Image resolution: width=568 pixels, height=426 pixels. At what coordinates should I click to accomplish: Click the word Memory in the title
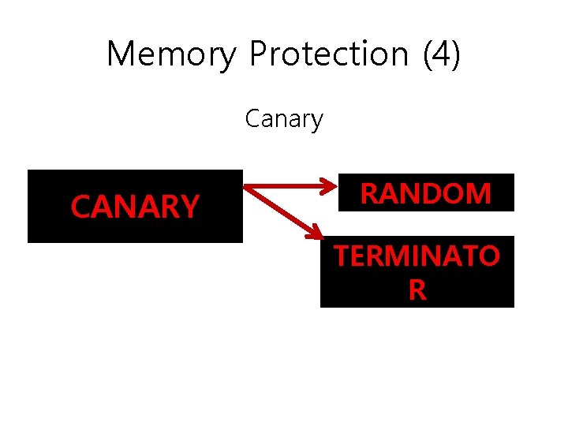(170, 54)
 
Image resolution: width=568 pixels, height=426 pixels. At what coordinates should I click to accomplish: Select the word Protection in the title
(328, 54)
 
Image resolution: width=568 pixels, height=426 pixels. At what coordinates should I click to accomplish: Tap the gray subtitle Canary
(284, 119)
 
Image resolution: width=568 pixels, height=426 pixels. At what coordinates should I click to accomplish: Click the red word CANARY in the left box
(134, 207)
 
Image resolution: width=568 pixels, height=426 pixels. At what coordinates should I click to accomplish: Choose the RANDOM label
(425, 193)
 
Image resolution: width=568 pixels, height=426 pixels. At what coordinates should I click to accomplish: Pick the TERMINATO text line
(417, 256)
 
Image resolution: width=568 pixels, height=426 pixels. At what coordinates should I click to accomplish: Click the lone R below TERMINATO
(417, 290)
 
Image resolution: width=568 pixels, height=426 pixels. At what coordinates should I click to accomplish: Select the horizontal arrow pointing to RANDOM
(288, 187)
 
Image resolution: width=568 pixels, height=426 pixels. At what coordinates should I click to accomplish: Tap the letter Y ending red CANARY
(189, 207)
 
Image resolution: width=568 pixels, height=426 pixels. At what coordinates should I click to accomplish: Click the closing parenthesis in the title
(454, 54)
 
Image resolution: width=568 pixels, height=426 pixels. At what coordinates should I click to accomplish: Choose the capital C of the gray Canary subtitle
(252, 119)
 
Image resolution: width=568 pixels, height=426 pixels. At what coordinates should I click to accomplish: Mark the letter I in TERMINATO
(421, 256)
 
